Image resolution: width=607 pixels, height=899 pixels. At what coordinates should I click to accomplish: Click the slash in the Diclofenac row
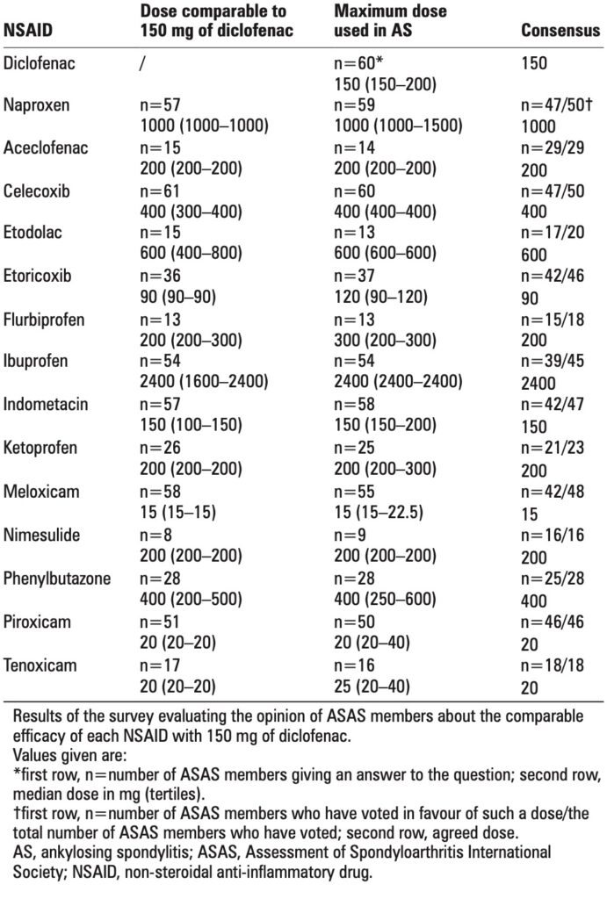[x=143, y=64]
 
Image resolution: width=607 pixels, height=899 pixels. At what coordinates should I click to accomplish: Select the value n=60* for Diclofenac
[x=361, y=64]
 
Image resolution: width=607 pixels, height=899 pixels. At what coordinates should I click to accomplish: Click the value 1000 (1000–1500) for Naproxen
[x=398, y=126]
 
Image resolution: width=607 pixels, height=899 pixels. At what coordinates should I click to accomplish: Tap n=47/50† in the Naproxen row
[x=556, y=106]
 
